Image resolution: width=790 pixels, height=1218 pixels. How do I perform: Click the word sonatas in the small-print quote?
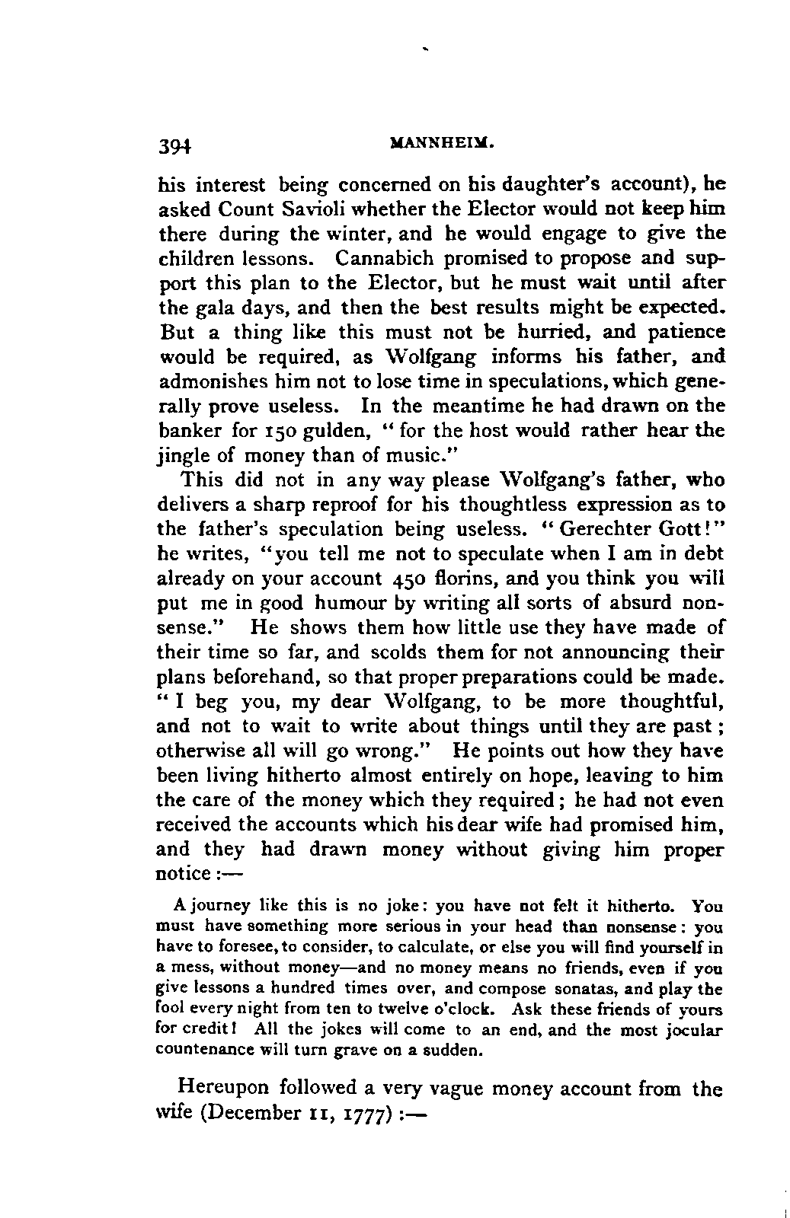[x=587, y=990]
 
